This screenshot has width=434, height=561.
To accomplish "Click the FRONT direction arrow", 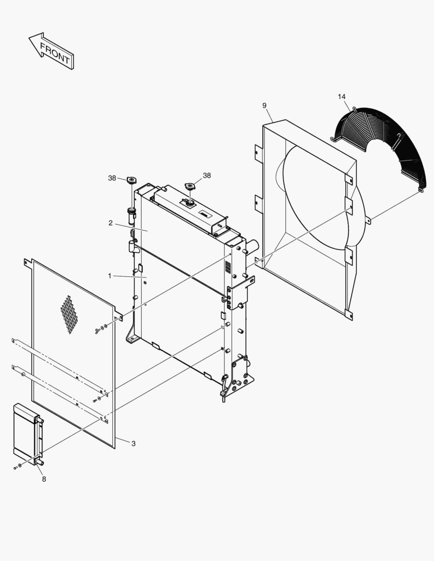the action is [51, 51].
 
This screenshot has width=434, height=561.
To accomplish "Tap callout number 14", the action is [341, 97].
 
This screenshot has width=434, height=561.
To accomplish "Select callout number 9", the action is [264, 105].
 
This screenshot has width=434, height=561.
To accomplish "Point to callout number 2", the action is [111, 223].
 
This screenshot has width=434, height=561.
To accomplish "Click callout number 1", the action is [110, 276].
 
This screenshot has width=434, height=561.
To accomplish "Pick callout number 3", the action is [133, 444].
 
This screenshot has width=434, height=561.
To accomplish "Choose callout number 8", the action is [44, 479].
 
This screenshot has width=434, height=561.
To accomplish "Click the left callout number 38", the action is [112, 178].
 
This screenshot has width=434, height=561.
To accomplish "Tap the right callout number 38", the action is [207, 176].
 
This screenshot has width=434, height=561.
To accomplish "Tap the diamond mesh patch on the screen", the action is [69, 315].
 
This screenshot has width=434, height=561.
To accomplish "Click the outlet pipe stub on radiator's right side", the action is [253, 246].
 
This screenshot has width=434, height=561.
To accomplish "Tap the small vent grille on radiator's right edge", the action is [227, 266].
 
